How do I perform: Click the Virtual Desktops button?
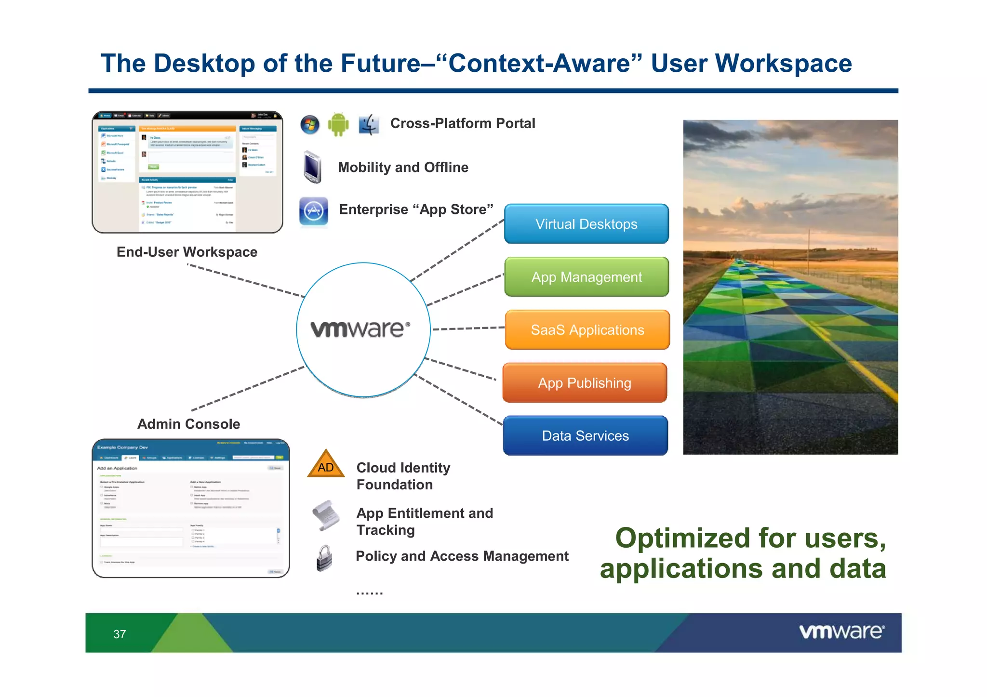[x=586, y=224]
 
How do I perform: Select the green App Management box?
[x=586, y=277]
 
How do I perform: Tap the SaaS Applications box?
[x=587, y=330]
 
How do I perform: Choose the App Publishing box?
[x=584, y=383]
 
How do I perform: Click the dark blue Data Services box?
[x=585, y=436]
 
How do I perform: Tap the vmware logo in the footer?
[x=841, y=631]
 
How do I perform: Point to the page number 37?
[x=120, y=634]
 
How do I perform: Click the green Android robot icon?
[x=338, y=125]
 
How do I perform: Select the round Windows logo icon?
[x=309, y=125]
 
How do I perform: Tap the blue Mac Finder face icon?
[x=369, y=125]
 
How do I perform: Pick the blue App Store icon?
[x=314, y=211]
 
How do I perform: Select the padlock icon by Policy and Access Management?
[x=324, y=558]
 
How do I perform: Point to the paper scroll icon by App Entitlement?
[x=326, y=515]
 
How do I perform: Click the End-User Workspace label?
[x=187, y=252]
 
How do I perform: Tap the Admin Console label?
[x=188, y=424]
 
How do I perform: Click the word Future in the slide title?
[x=380, y=64]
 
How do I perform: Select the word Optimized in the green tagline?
[x=680, y=538]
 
